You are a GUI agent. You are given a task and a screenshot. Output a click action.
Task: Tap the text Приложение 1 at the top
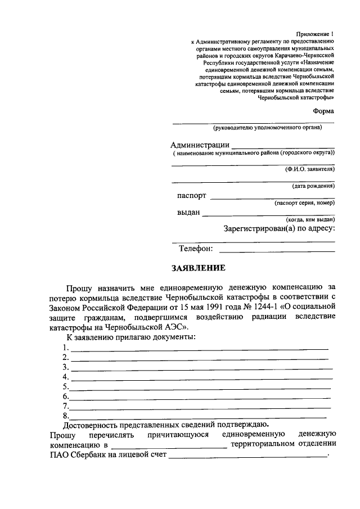316,35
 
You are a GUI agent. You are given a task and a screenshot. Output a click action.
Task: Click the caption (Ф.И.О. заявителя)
309,169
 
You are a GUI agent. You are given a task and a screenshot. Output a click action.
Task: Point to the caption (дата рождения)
313,186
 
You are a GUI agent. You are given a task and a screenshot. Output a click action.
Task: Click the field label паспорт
191,196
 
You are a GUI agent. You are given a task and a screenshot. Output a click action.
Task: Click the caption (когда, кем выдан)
310,219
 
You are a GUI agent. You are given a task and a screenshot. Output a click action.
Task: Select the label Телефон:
196,248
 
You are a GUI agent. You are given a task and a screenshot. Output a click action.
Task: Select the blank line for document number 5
200,389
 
